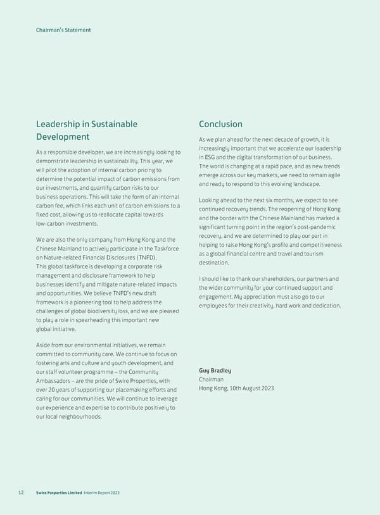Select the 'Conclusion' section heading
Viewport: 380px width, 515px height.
[220, 124]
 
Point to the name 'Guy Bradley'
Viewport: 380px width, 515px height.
[215, 370]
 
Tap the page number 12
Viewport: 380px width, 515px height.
[21, 493]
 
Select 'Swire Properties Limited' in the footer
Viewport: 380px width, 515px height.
[58, 493]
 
